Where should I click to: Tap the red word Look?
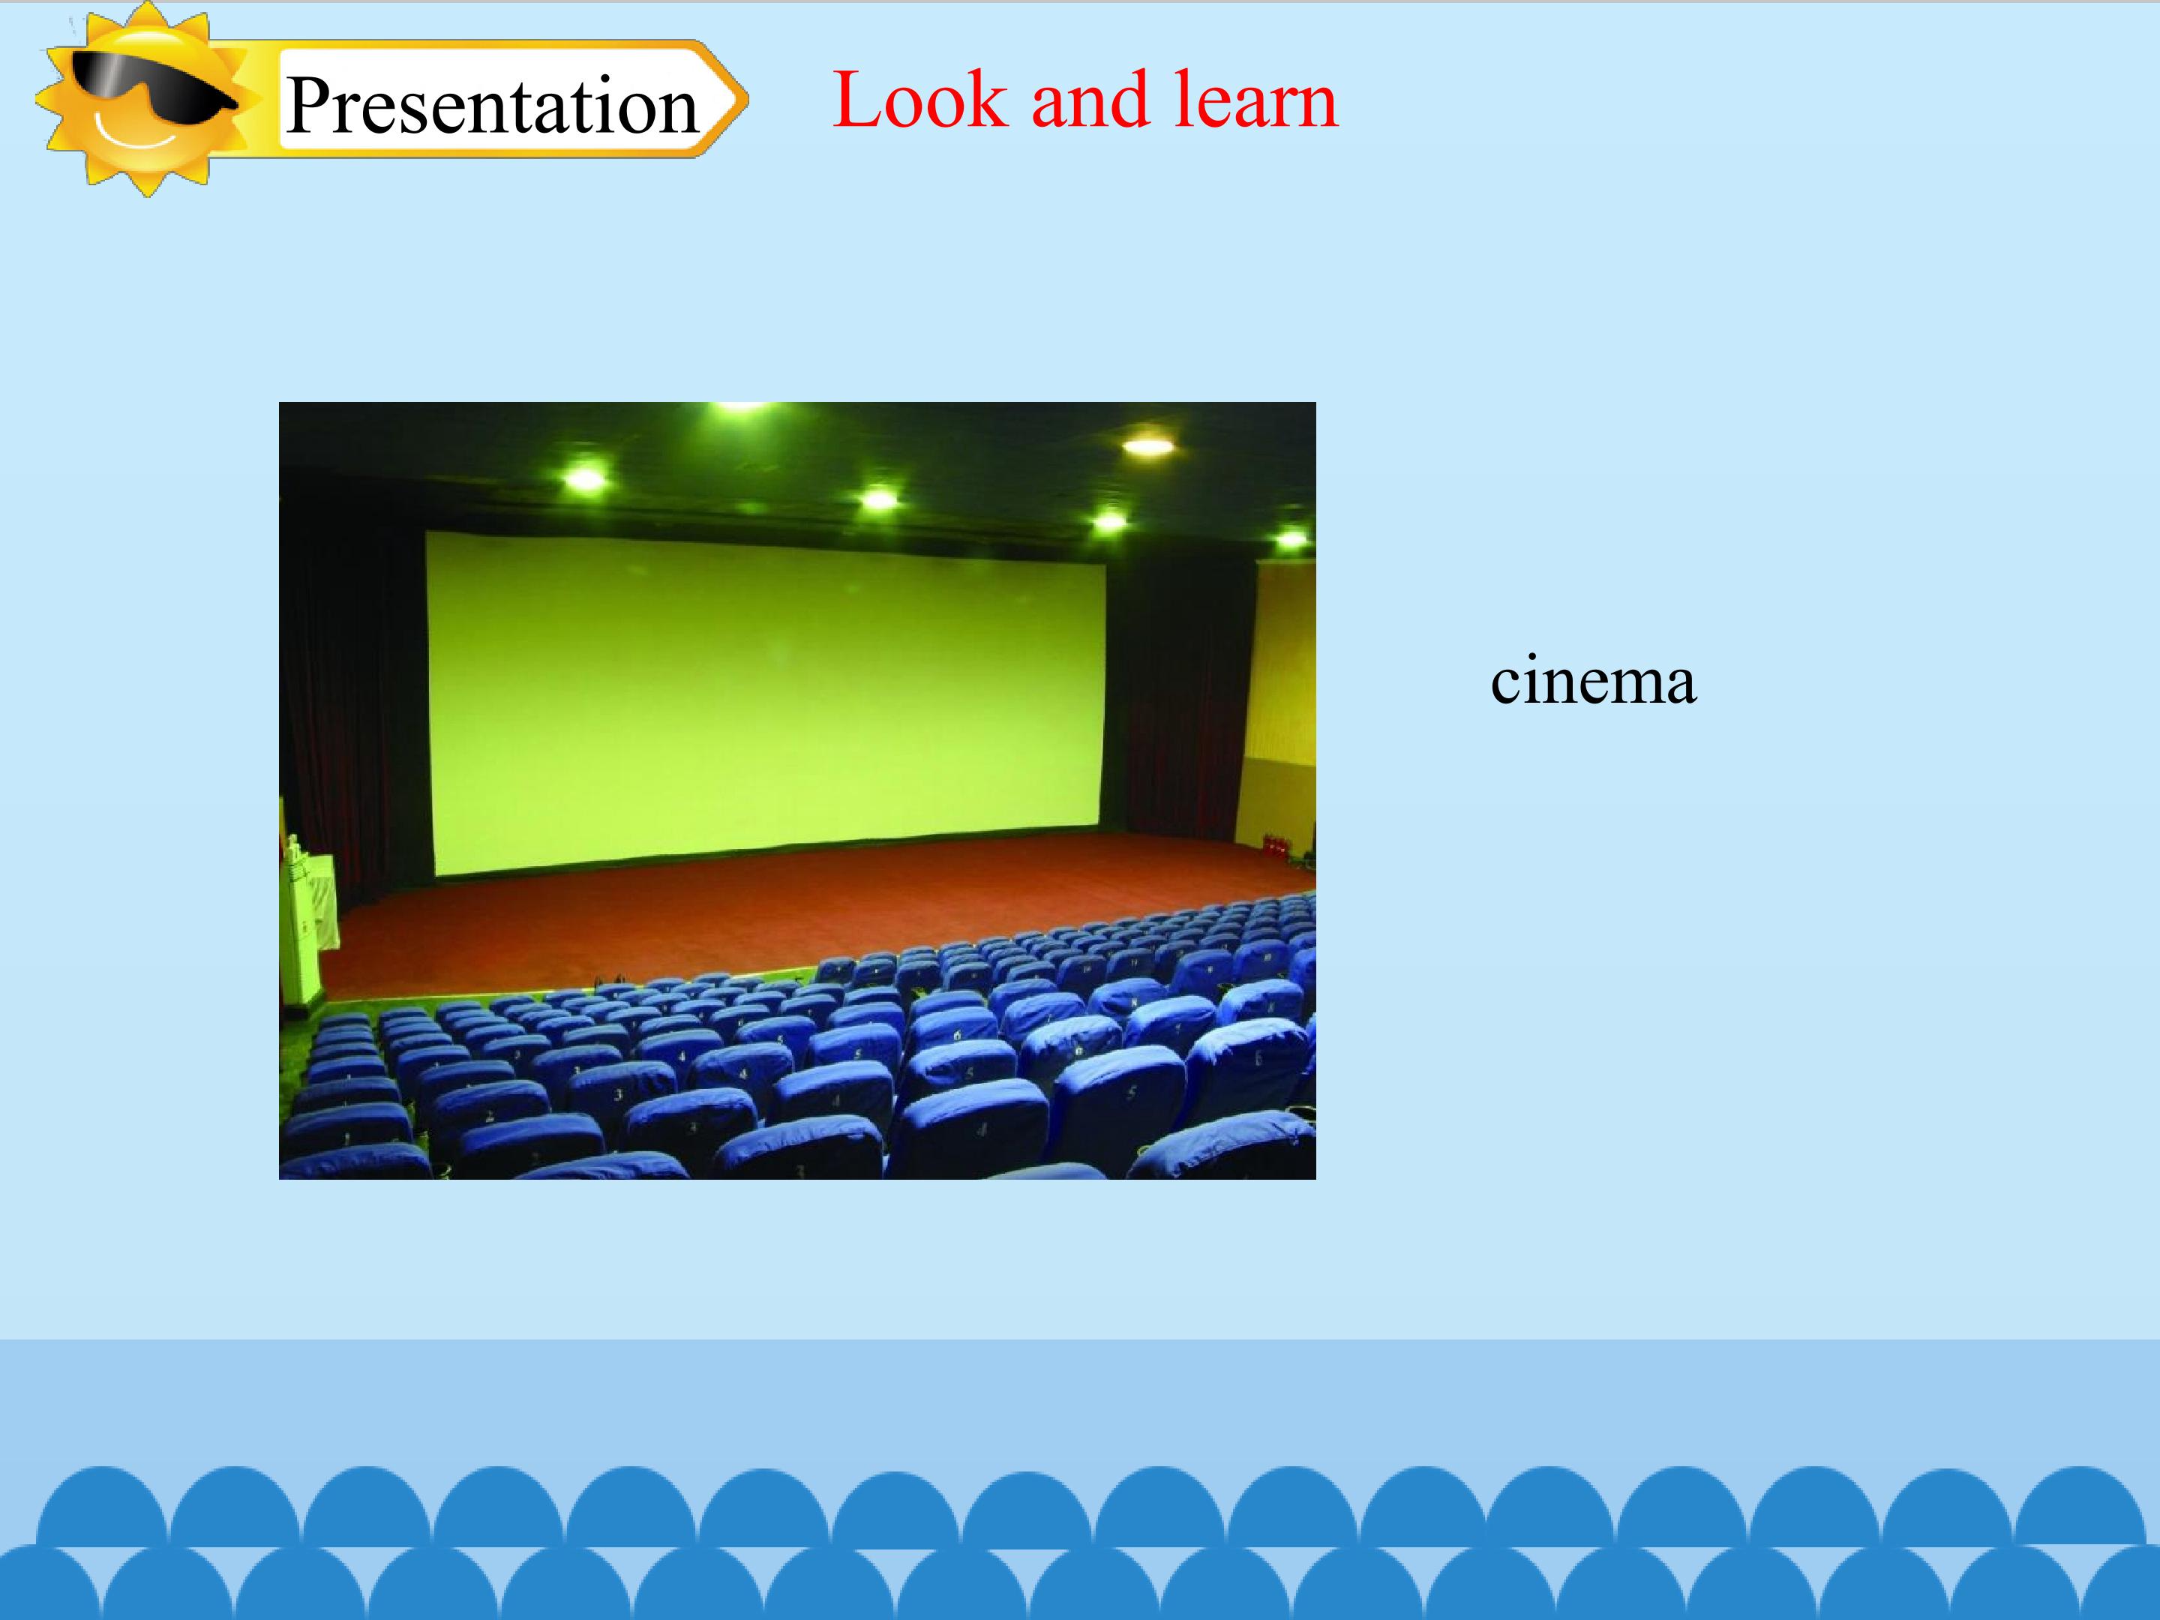919,99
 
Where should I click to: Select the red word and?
1090,100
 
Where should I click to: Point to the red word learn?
1255,99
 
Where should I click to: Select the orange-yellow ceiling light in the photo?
1147,446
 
